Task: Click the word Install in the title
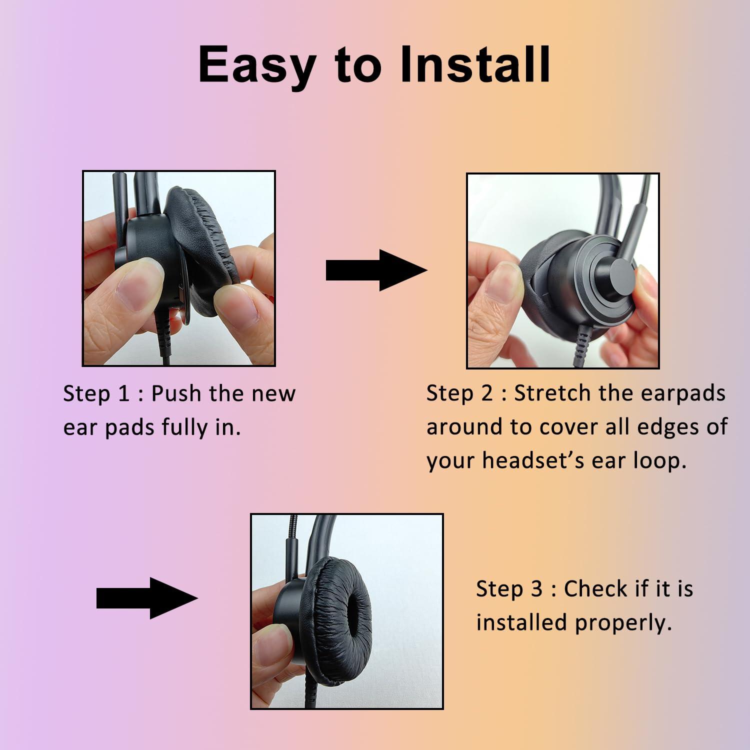point(475,64)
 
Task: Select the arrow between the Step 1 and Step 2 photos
point(376,270)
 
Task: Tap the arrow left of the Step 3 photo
point(147,598)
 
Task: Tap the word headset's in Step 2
point(533,460)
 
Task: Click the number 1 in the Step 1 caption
point(123,394)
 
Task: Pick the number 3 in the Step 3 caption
point(536,589)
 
